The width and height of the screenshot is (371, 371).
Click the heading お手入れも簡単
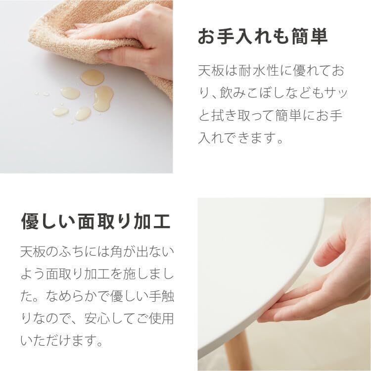click(263, 37)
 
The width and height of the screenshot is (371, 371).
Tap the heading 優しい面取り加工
click(95, 222)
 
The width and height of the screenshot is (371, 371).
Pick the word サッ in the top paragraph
click(332, 93)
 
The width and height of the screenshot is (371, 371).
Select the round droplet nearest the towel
click(93, 77)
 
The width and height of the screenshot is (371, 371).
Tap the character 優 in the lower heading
click(29, 222)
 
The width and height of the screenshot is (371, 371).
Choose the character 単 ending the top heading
click(318, 37)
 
